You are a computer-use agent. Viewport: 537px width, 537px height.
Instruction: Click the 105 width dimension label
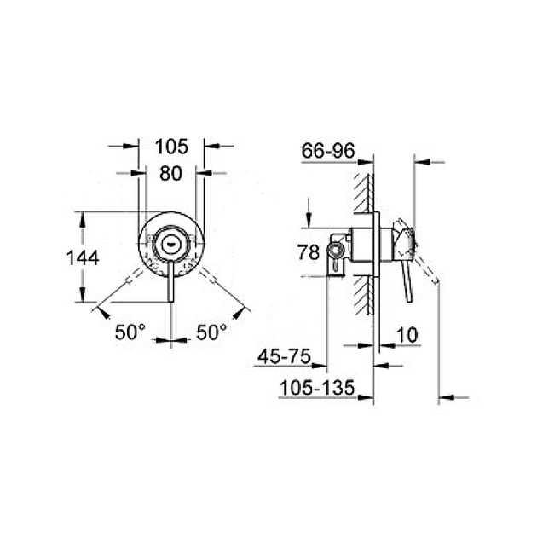[x=170, y=147]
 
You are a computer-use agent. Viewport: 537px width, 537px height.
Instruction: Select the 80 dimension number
[x=170, y=173]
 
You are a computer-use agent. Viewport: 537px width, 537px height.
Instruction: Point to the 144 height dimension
[x=83, y=257]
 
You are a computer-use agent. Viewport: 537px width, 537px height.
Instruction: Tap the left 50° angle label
[x=131, y=332]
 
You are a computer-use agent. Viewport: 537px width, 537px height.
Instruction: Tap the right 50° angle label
[x=212, y=332]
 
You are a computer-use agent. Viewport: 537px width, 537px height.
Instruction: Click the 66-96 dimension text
[x=326, y=151]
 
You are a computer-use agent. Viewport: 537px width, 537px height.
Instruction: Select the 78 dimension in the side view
[x=309, y=252]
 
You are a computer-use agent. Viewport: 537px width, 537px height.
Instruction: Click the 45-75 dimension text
[x=286, y=356]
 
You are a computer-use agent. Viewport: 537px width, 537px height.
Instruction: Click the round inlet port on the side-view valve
[x=337, y=250]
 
